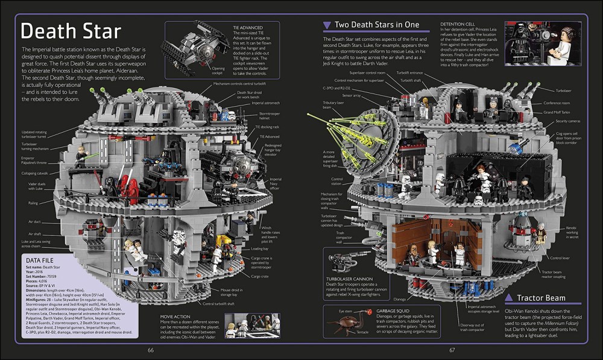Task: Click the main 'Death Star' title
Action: (x=71, y=31)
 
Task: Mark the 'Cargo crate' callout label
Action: (x=260, y=276)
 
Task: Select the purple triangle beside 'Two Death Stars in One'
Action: (x=326, y=25)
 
